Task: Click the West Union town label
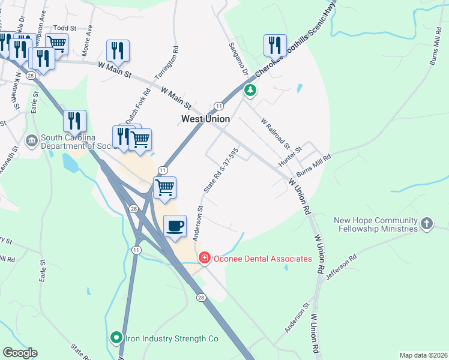pos(206,119)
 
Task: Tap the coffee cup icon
pos(175,226)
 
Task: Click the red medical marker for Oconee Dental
pos(204,258)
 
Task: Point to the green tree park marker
pos(250,91)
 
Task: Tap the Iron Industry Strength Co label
pos(171,338)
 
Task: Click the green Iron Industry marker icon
pos(116,338)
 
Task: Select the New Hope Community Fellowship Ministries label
pos(376,224)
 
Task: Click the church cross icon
pos(426,223)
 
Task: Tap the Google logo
pos(20,353)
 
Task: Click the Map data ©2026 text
pos(423,355)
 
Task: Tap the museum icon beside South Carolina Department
pos(31,141)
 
